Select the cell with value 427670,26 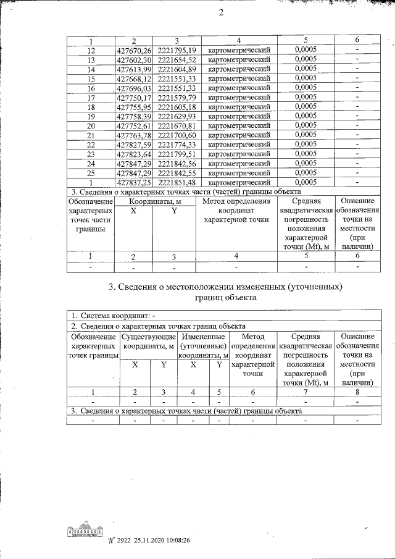click(x=134, y=50)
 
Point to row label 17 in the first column click(x=91, y=97)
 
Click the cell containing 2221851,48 click(x=177, y=182)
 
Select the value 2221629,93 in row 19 click(x=177, y=116)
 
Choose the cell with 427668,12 click(x=134, y=78)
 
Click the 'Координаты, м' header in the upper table click(x=155, y=201)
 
